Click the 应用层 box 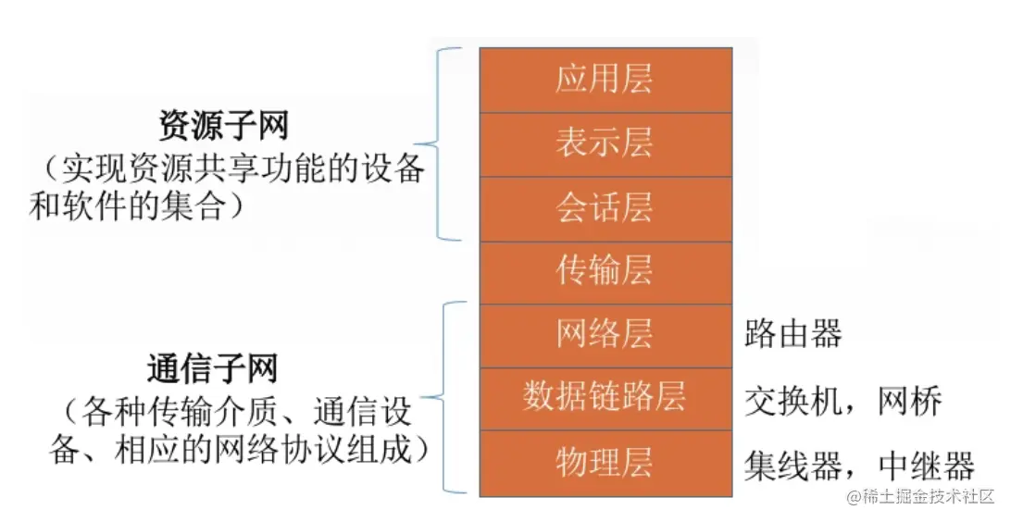[x=605, y=80]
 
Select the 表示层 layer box [x=605, y=143]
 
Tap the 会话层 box [x=605, y=208]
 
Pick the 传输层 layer [x=605, y=271]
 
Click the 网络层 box [x=605, y=334]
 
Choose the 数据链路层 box [x=605, y=398]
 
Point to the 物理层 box [x=605, y=462]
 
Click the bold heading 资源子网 [x=224, y=126]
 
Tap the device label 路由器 [x=793, y=335]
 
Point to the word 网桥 [x=913, y=401]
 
